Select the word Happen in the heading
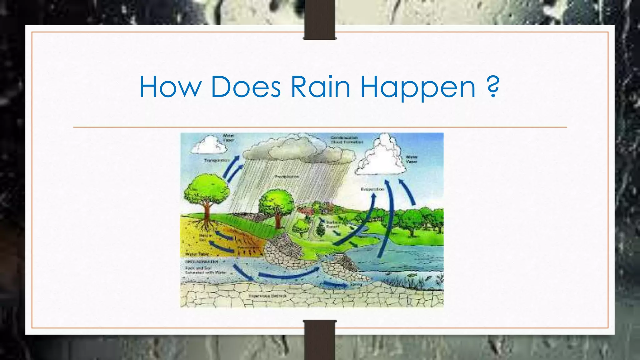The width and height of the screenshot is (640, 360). [x=418, y=87]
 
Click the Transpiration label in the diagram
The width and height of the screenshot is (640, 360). [x=217, y=160]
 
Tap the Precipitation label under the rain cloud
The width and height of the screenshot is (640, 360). [x=287, y=177]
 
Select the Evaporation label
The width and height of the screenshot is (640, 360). [x=372, y=189]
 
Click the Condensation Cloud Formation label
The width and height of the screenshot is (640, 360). [x=347, y=140]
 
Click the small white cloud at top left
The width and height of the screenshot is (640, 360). [x=209, y=145]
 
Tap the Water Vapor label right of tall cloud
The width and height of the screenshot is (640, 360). [x=412, y=159]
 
